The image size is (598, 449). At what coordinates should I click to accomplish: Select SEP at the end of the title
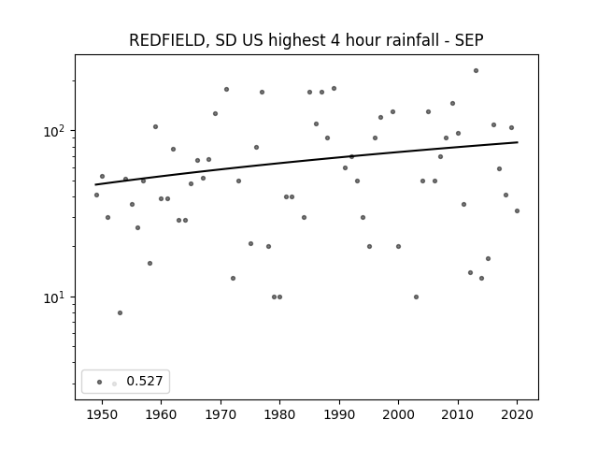pos(469,40)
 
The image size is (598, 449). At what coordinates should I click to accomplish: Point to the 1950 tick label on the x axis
pos(102,414)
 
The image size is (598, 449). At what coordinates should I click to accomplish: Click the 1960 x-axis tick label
pos(161,414)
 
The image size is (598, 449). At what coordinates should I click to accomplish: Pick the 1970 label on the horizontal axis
pos(221,414)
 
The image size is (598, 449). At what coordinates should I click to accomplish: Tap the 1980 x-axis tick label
pos(279,414)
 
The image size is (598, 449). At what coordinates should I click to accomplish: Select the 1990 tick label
pos(339,414)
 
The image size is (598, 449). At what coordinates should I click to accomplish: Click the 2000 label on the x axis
pos(398,414)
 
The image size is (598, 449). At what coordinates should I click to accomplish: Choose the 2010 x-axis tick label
pos(458,414)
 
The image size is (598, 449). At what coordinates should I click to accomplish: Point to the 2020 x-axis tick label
pos(517,414)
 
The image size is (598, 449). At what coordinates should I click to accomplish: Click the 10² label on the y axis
pos(57,131)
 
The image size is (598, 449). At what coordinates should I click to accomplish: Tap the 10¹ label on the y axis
pos(57,297)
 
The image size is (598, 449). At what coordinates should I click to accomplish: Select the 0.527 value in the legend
pos(145,381)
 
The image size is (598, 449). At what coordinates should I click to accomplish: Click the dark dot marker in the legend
pos(99,382)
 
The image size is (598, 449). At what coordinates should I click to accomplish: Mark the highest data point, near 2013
pos(476,71)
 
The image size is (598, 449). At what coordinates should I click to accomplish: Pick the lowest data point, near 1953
pos(120,313)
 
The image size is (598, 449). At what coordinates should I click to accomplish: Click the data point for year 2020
pos(517,210)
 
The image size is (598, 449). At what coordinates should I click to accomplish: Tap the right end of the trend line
pos(518,142)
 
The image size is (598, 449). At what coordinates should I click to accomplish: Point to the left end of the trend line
pos(95,185)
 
